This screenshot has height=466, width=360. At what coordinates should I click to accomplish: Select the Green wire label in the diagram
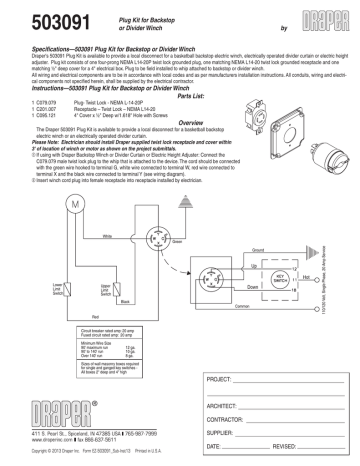[x=148, y=213]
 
